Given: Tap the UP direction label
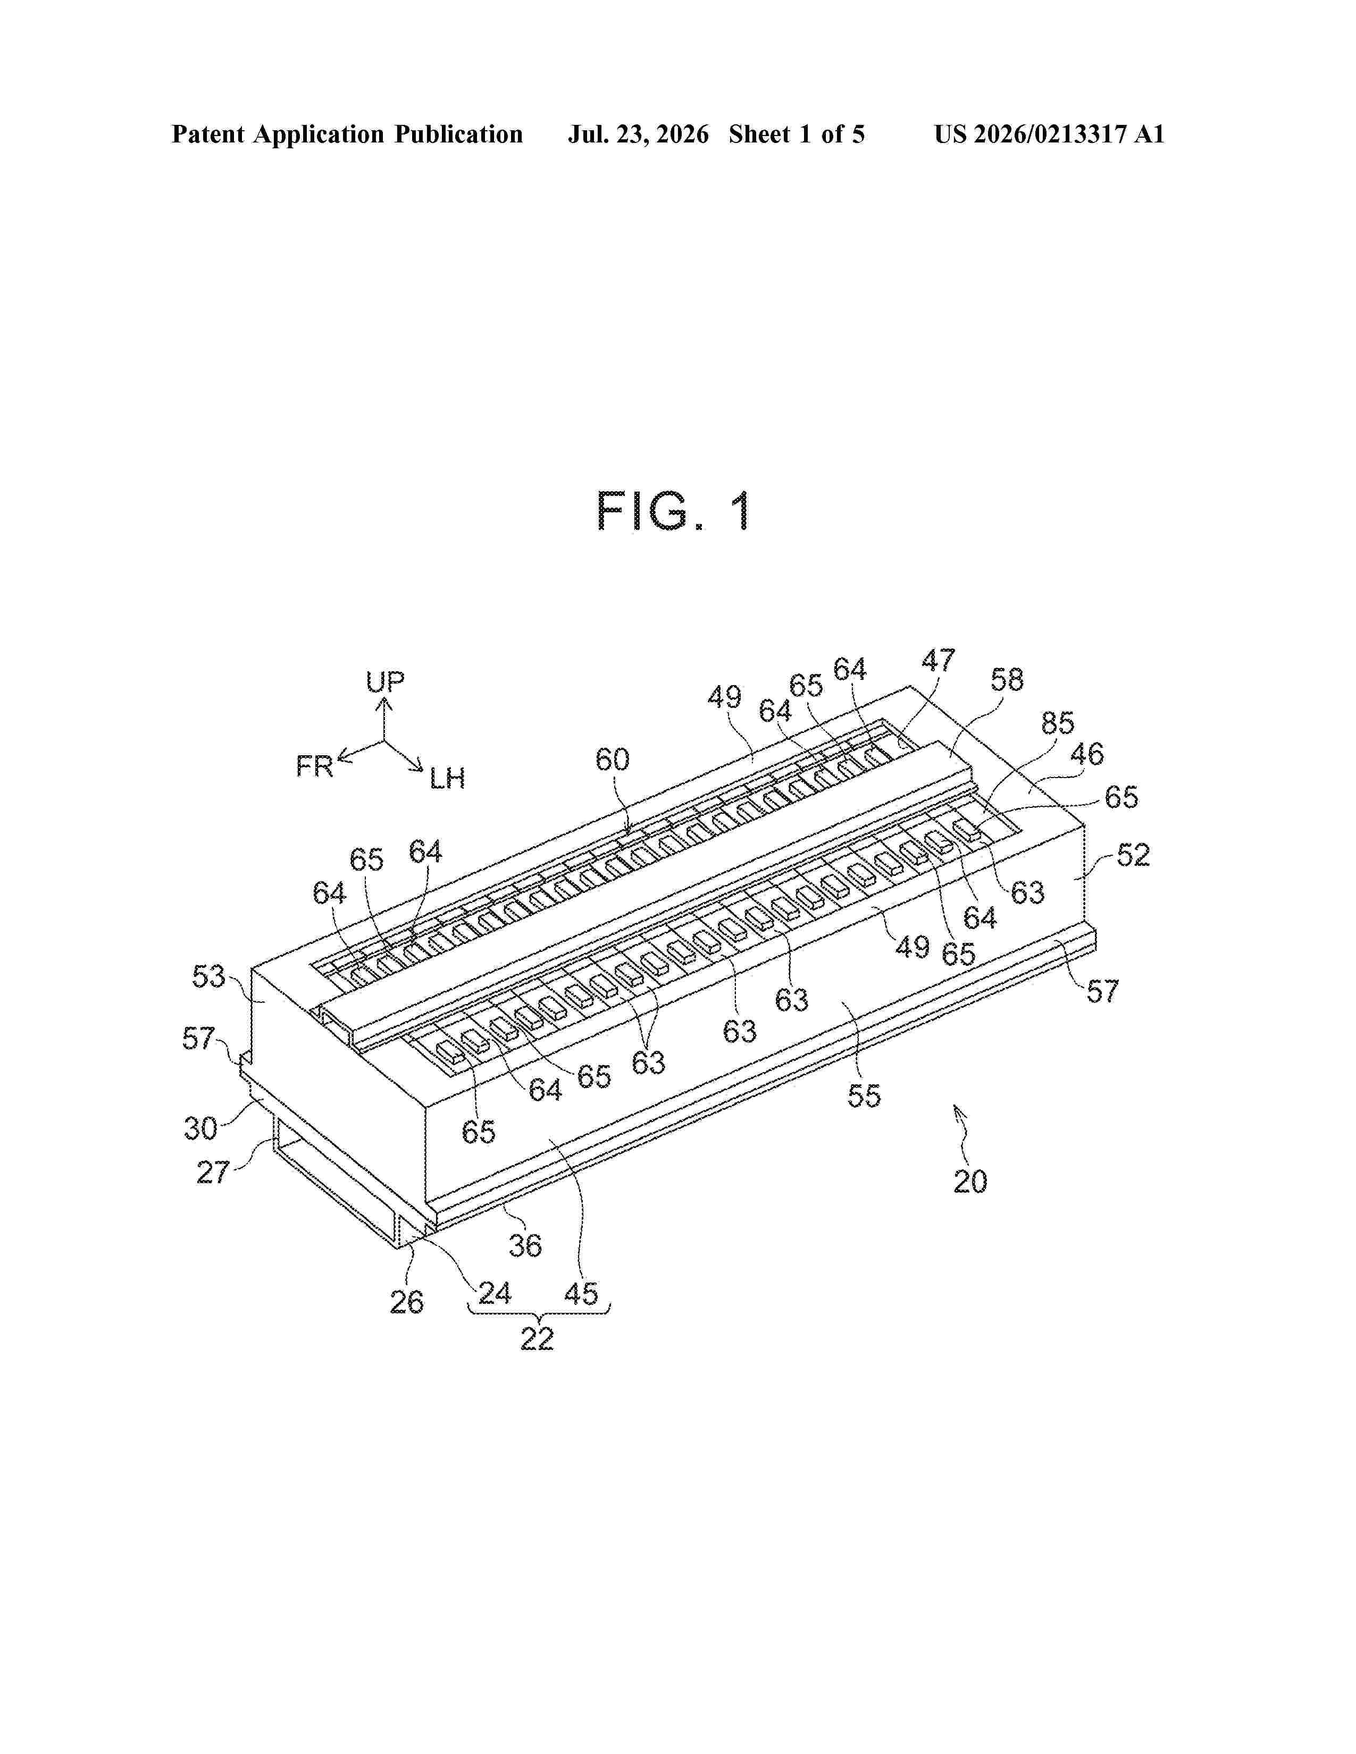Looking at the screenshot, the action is (385, 682).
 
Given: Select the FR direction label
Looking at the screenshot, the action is (315, 766).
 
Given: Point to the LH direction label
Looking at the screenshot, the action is (447, 778).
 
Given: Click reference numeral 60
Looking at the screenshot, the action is (612, 760).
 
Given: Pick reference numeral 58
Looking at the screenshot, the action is (1007, 680).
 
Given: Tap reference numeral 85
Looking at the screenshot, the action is (1057, 723).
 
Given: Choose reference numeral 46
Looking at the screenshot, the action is (1087, 754).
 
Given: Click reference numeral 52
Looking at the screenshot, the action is (1133, 855).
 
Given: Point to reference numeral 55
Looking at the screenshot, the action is (864, 1095).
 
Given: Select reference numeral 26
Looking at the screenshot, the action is (406, 1302).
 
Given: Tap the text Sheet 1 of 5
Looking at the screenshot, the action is (797, 134).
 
